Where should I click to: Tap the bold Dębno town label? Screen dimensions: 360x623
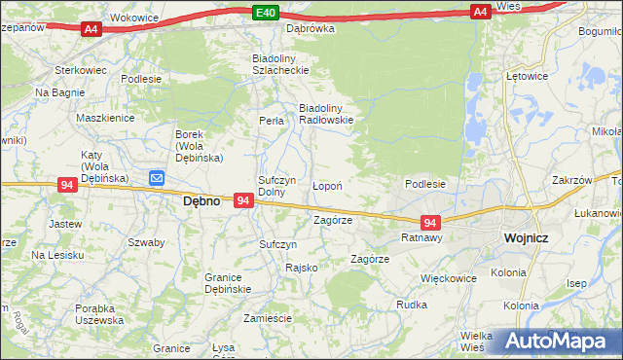[202, 201]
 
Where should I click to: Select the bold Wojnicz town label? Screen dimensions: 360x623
[530, 237]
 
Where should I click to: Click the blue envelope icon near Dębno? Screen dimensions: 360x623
[158, 178]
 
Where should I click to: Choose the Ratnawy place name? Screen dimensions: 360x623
[422, 237]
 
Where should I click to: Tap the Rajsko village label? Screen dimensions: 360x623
[302, 268]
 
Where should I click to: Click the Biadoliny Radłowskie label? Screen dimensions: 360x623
[324, 114]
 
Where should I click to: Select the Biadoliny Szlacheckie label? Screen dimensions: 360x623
[280, 63]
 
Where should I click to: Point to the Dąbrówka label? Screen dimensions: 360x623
[310, 28]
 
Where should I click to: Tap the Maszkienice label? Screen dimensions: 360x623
[104, 118]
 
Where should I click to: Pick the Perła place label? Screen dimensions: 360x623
[272, 122]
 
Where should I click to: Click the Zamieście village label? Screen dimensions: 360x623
[268, 318]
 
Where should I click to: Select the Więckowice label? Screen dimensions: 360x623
[449, 277]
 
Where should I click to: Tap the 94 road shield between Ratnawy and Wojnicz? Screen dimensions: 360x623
[431, 223]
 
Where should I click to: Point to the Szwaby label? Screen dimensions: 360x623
[145, 242]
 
